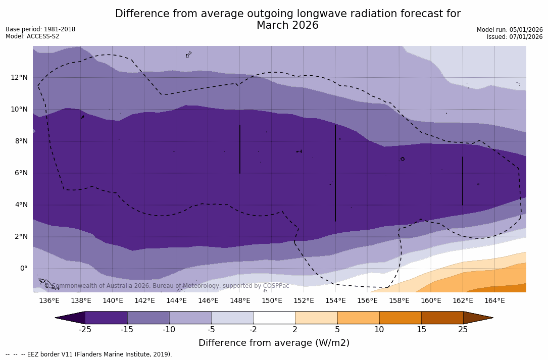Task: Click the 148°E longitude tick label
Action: click(x=240, y=300)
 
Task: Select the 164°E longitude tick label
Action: click(x=494, y=300)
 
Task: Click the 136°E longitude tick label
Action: click(x=49, y=300)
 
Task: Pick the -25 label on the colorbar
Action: click(x=85, y=330)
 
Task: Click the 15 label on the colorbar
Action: click(x=421, y=330)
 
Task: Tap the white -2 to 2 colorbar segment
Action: click(x=274, y=318)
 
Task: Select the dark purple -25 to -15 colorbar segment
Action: click(x=106, y=318)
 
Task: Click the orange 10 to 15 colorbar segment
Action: click(x=400, y=318)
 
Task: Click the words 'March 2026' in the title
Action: click(x=287, y=25)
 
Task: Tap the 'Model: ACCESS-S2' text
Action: click(x=32, y=36)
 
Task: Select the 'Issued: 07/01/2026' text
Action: click(x=515, y=37)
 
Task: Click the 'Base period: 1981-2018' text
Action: click(x=40, y=29)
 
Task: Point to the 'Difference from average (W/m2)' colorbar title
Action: click(x=274, y=343)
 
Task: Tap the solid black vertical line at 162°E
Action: click(x=463, y=181)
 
